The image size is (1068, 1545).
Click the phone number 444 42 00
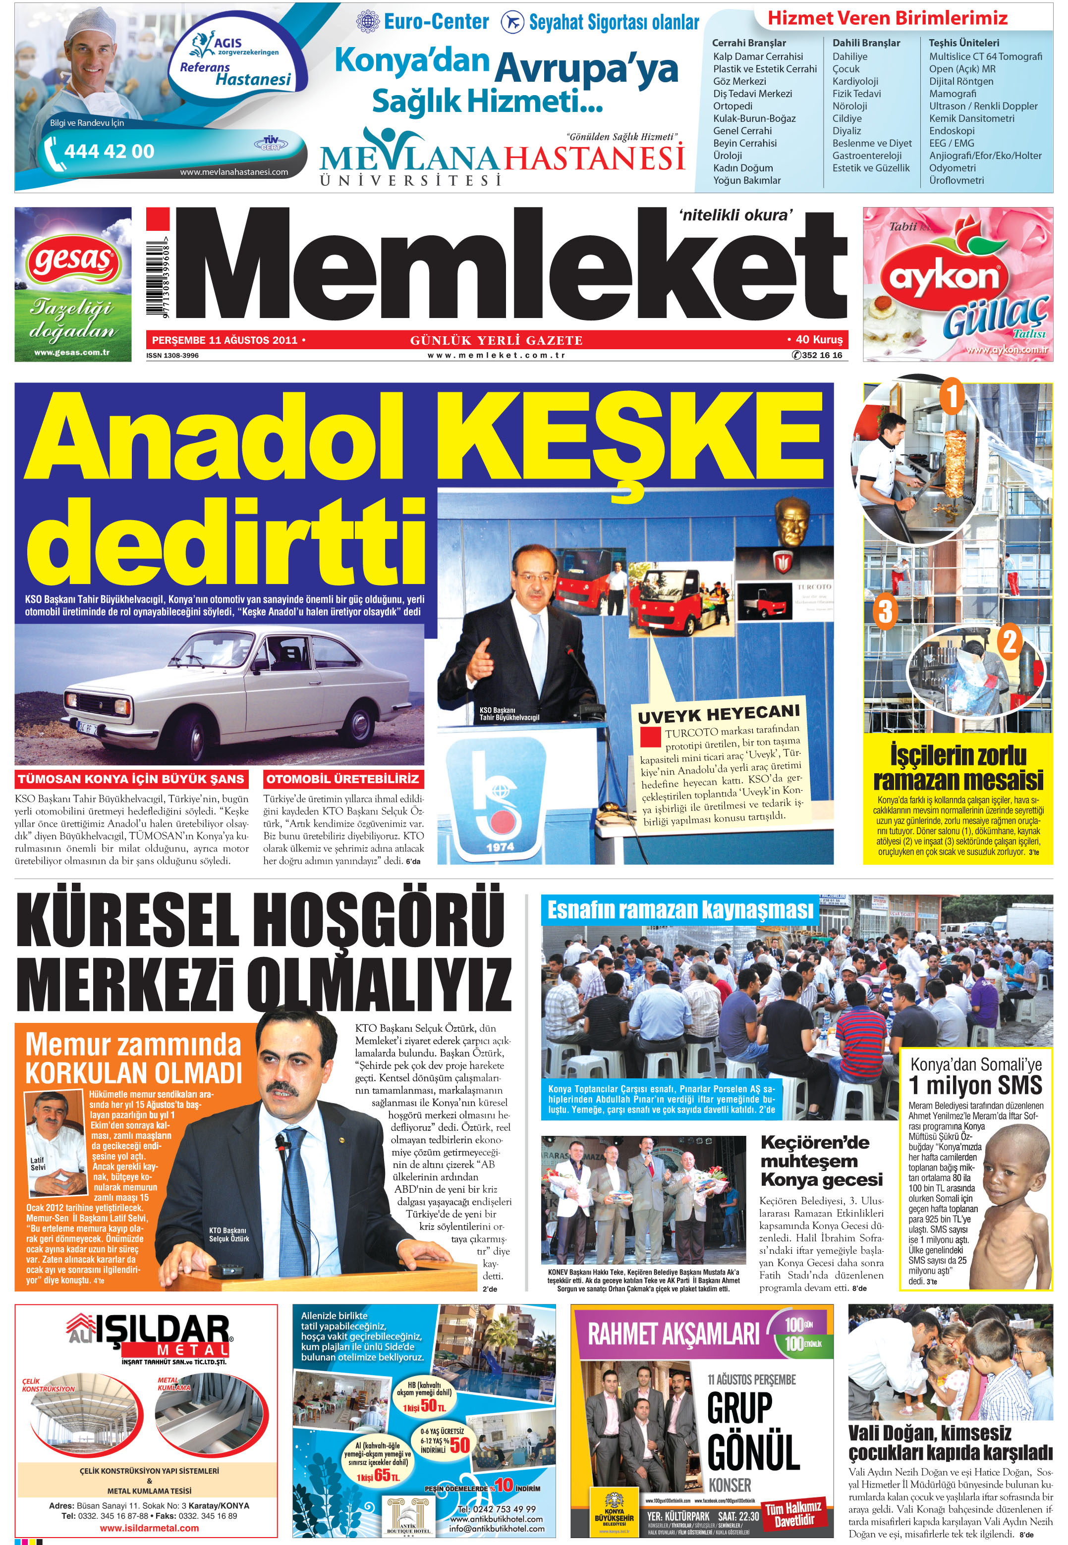pos(109,151)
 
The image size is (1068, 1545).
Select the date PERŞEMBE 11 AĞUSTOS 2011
pos(225,340)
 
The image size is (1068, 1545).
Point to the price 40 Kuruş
pos(818,339)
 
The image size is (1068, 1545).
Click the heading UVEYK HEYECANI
pos(718,714)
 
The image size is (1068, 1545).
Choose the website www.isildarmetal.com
pos(149,1528)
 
